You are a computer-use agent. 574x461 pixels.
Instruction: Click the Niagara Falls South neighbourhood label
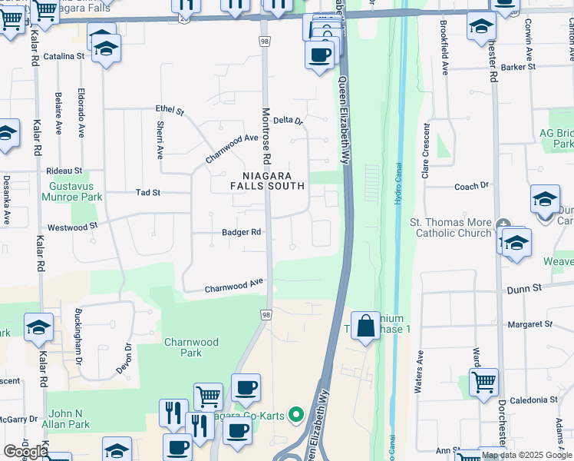coord(269,181)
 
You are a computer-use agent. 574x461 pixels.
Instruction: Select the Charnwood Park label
coord(191,347)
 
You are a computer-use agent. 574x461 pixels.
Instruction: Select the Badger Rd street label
coord(241,232)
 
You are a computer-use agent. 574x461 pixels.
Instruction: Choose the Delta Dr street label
coord(289,121)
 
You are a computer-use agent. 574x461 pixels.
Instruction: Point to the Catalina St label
coord(63,57)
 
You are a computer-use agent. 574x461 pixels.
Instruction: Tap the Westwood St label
coord(72,227)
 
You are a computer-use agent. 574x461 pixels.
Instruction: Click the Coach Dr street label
coord(471,186)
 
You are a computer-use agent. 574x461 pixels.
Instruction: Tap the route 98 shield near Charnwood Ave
coord(266,315)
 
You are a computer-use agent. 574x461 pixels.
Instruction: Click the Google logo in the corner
coord(25,452)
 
